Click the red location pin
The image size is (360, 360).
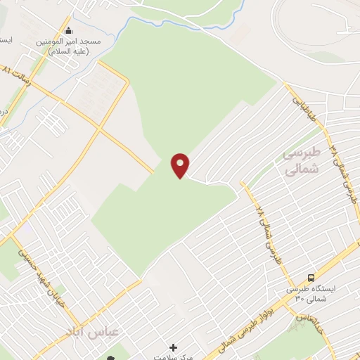[x=181, y=165]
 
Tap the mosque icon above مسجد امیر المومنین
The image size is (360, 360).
[x=69, y=31]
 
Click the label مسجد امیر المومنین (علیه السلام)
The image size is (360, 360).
[x=69, y=46]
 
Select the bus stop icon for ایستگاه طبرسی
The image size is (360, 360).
[x=311, y=277]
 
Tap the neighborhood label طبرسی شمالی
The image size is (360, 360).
[x=300, y=161]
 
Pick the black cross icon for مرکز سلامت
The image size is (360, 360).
[x=174, y=347]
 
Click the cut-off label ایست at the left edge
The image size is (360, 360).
[x=6, y=39]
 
